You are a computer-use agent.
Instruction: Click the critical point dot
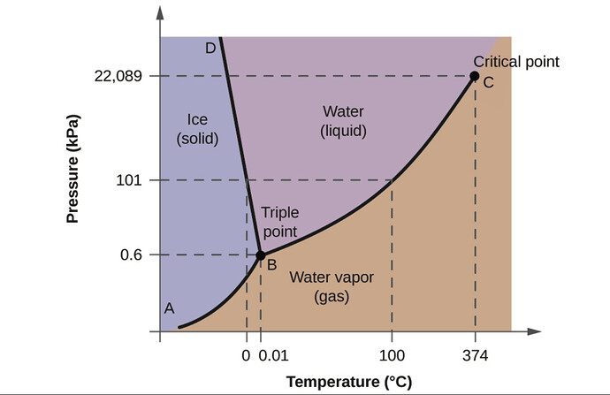coord(475,77)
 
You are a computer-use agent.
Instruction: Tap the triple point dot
coord(260,255)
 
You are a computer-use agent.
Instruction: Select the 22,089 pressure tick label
coord(118,77)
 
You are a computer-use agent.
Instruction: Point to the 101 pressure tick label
coord(130,180)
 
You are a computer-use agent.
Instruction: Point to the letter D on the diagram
coord(210,48)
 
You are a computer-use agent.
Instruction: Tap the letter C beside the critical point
coord(487,83)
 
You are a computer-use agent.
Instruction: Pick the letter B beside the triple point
coord(271,263)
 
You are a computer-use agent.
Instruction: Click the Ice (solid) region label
coord(197,129)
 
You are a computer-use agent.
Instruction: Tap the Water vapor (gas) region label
coord(332,287)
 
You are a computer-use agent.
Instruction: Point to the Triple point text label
coord(278,222)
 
